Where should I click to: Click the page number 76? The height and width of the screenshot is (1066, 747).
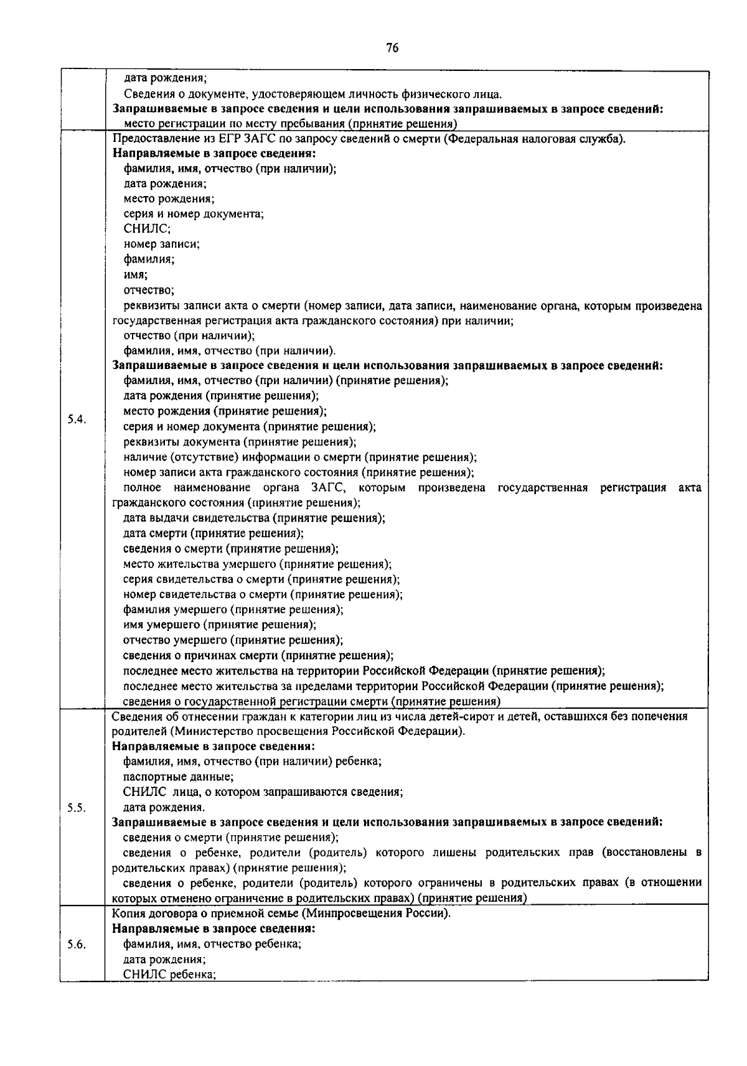(x=392, y=49)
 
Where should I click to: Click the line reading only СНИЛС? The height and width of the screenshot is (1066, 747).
(x=143, y=229)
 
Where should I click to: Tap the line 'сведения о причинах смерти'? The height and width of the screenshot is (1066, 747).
(x=258, y=655)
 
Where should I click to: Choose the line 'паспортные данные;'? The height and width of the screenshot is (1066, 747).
(x=178, y=777)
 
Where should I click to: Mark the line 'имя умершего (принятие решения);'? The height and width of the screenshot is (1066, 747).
(x=219, y=625)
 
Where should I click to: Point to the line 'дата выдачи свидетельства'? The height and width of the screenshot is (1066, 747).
(x=254, y=518)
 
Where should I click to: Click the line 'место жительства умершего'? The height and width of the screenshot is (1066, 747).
(x=257, y=564)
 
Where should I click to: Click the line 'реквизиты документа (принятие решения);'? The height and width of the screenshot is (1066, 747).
(x=240, y=442)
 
